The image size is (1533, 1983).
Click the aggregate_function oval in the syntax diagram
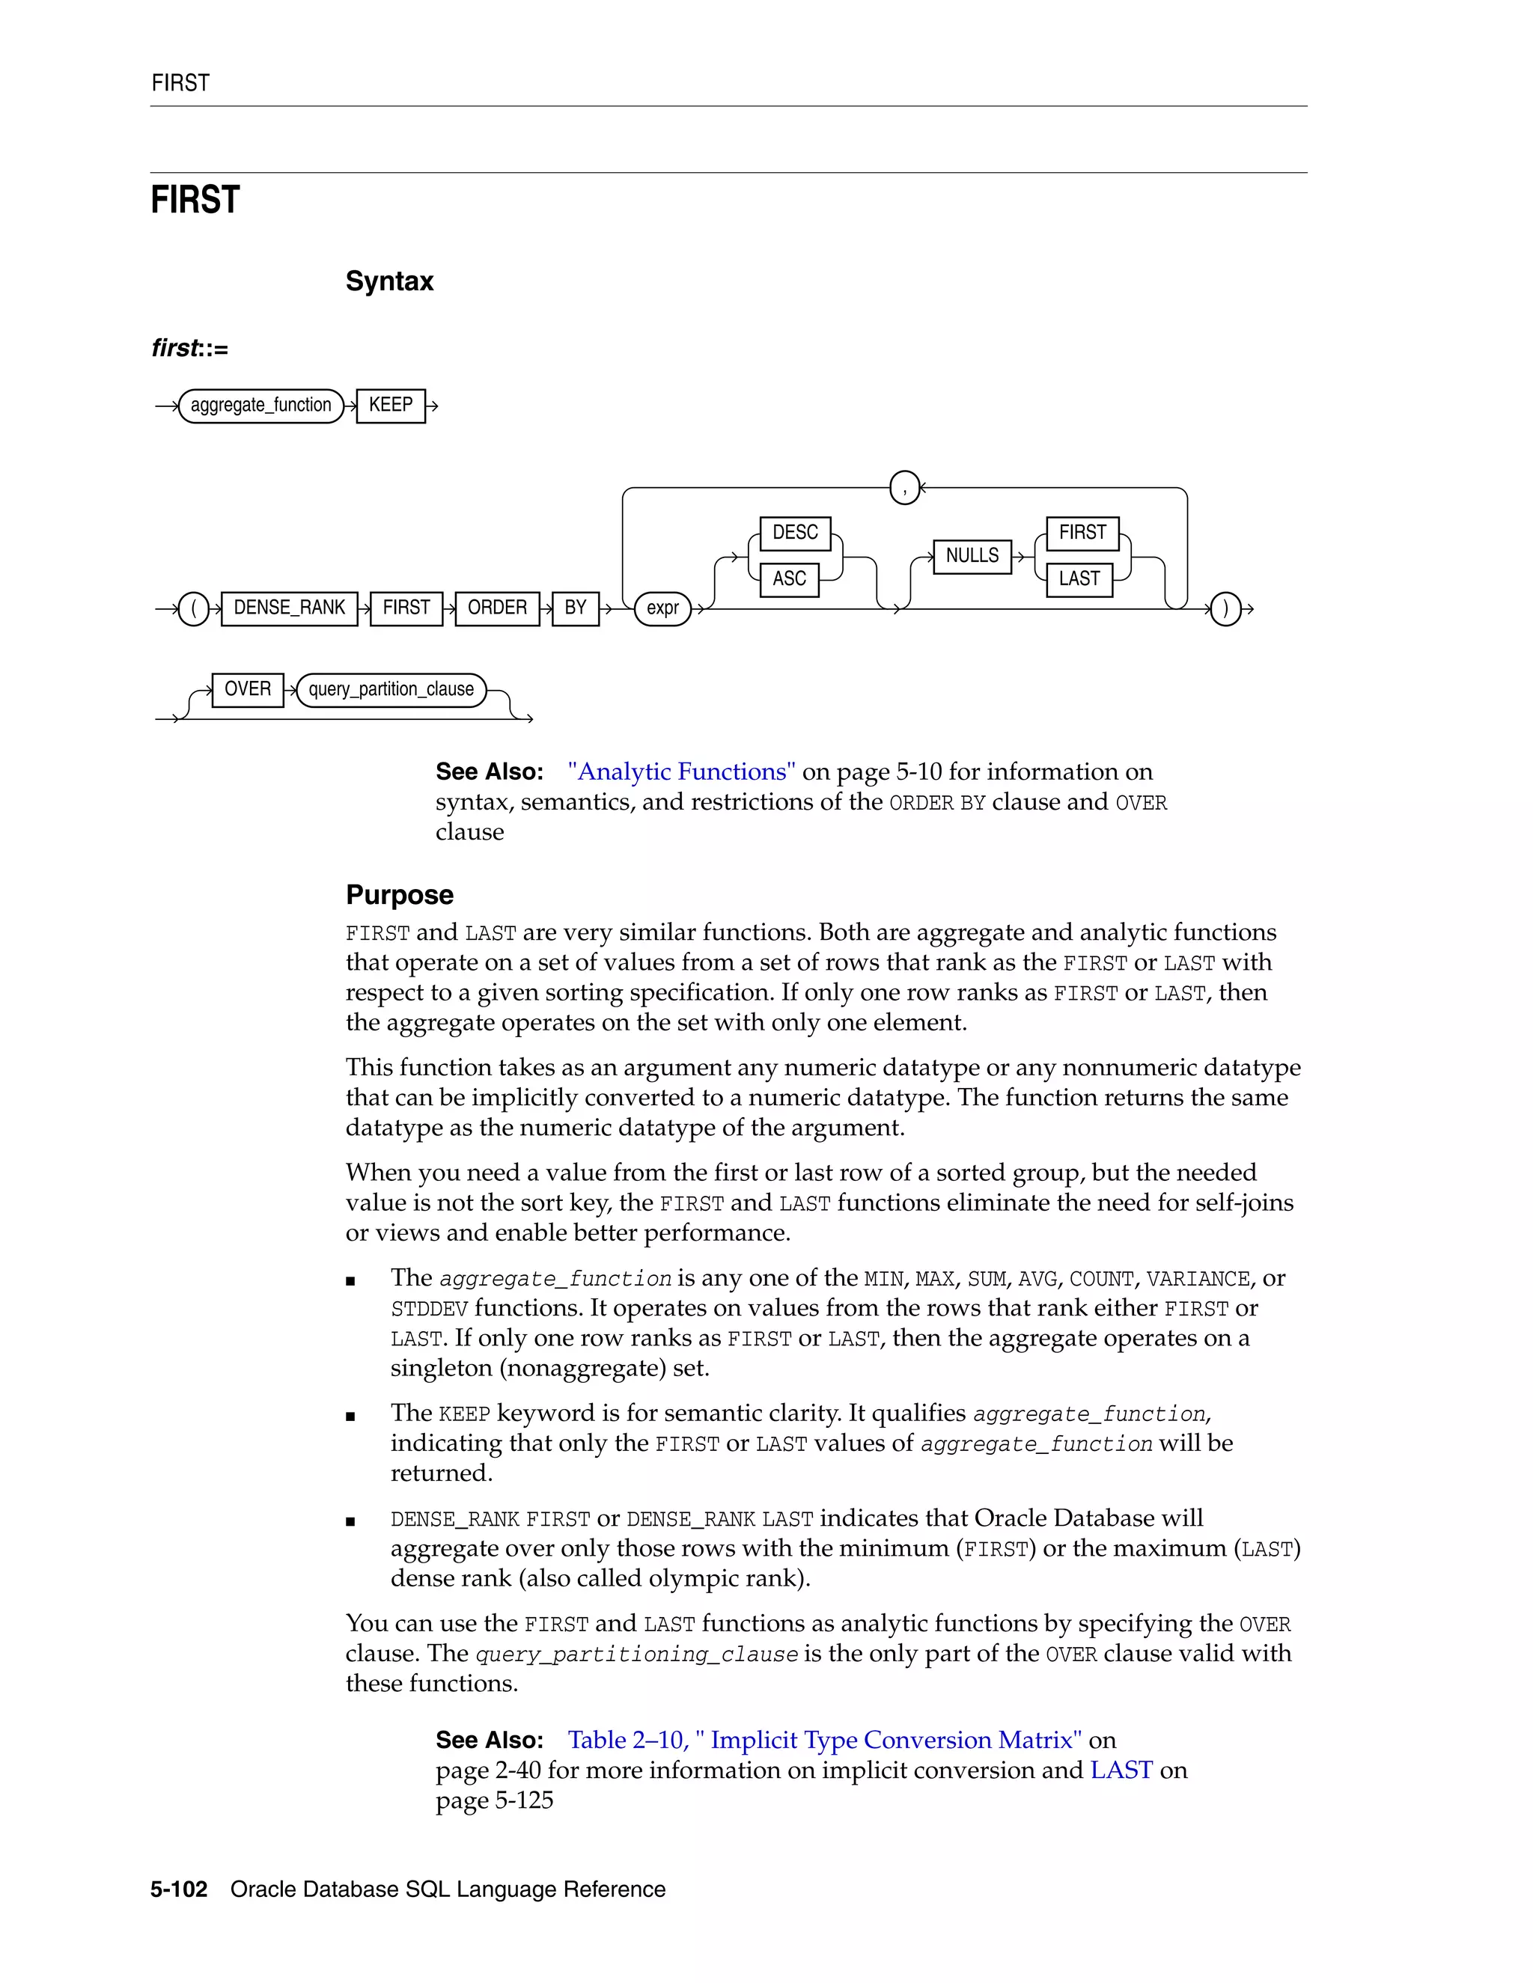[x=260, y=405]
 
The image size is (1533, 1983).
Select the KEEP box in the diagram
[x=391, y=405]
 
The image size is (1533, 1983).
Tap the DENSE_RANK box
[x=289, y=608]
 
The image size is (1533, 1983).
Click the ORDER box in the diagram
[x=497, y=608]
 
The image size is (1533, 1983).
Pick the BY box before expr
[x=575, y=608]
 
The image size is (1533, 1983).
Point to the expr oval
[x=663, y=608]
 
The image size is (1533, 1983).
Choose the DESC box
[x=795, y=532]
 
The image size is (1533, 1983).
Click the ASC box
[x=789, y=578]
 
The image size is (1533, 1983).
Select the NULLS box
[x=972, y=554]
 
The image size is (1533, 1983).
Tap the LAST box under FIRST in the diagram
[x=1079, y=578]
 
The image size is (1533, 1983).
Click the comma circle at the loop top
[x=904, y=488]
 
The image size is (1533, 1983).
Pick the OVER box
[x=247, y=688]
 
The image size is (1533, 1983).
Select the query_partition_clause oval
[x=391, y=689]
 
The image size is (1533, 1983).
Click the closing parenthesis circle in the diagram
[x=1225, y=608]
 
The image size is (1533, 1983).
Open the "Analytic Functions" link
[x=681, y=771]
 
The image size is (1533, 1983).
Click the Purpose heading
[x=399, y=894]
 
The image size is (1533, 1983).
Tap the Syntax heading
[x=388, y=281]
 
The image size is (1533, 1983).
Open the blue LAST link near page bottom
[x=1121, y=1770]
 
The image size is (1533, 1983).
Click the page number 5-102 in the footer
[x=179, y=1889]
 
